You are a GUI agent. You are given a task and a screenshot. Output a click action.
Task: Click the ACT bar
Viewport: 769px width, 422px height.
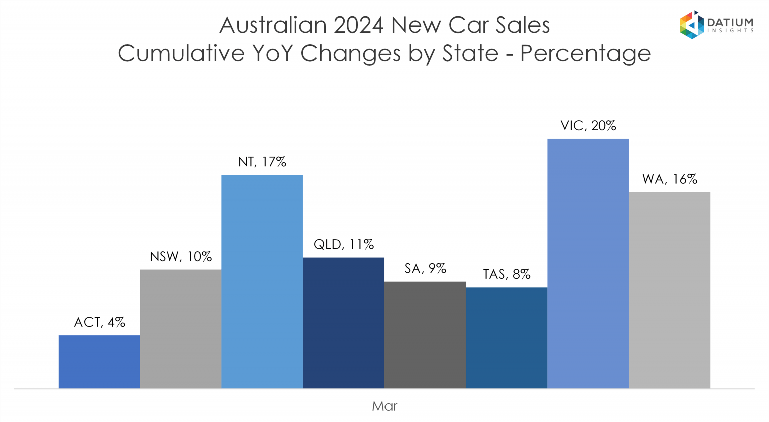[x=99, y=362]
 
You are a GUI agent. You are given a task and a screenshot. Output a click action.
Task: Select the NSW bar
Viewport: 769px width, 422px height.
[x=181, y=329]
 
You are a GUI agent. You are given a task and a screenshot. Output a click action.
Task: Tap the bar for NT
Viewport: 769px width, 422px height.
[x=262, y=282]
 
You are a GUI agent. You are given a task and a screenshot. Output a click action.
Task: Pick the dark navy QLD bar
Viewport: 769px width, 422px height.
[x=343, y=323]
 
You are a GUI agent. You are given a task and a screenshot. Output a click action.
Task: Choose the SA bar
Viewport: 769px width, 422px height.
[x=425, y=335]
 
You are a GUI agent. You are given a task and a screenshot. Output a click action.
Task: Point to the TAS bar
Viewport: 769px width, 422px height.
[x=507, y=338]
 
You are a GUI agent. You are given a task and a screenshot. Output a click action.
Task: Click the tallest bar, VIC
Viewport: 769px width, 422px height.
[x=588, y=264]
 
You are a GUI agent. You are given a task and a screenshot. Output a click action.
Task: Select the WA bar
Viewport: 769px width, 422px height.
[x=669, y=290]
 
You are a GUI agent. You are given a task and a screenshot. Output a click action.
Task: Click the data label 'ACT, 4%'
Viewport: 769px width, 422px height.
[x=99, y=322]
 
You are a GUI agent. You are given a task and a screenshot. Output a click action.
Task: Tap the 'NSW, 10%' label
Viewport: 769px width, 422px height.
[x=181, y=257]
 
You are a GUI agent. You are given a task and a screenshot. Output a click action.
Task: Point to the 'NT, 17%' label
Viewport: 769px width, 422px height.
[x=262, y=162]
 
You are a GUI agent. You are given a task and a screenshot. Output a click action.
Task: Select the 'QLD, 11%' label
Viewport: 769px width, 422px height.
[x=343, y=245]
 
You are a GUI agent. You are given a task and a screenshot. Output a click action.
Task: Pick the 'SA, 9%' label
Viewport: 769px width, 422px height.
[x=425, y=269]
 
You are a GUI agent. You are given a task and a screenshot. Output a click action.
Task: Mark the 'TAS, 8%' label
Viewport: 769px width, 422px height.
[x=507, y=275]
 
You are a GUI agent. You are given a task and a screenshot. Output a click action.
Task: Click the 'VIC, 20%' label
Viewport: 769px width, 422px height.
[x=588, y=126]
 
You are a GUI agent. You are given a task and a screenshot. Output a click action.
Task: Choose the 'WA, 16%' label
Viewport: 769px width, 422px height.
[x=669, y=179]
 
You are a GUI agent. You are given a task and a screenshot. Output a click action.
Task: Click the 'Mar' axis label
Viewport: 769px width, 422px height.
[x=384, y=406]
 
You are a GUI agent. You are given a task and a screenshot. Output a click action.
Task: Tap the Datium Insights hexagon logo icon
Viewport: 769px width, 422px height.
[x=692, y=25]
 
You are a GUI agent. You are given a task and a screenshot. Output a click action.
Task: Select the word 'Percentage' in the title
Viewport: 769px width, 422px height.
[x=585, y=53]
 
